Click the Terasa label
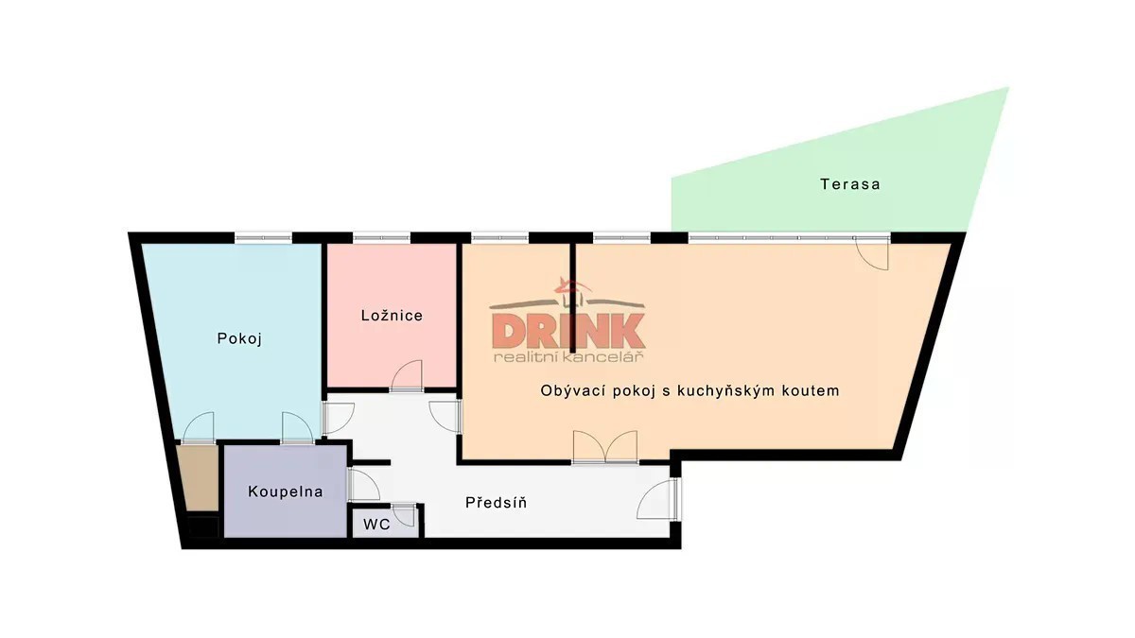coord(849,183)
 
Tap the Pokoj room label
coord(239,338)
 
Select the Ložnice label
coord(392,316)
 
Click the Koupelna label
coord(286,491)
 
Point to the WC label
coord(377,525)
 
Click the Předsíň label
coord(496,502)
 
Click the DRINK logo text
coord(568,331)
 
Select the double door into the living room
coord(605,447)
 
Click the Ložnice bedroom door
coord(407,376)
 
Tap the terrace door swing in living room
coord(872,253)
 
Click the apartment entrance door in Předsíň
coord(658,499)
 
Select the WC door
coord(405,514)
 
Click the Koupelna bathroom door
coord(363,485)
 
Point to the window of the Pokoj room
coord(264,237)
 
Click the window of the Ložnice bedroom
coord(381,237)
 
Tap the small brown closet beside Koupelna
coord(199,478)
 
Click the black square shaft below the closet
coord(203,526)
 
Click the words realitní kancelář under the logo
coord(568,357)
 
